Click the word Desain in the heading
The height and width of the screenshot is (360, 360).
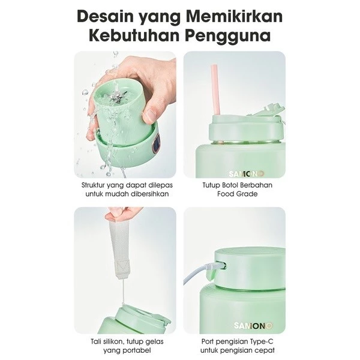pos(106,17)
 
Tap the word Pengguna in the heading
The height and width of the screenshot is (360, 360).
pos(228,35)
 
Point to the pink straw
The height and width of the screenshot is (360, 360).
pos(215,89)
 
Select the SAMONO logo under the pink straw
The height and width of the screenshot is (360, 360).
pos(247,174)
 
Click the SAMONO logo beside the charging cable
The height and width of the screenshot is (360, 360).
pos(253,325)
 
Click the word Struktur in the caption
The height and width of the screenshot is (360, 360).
pos(92,185)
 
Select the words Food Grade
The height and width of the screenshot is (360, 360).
pos(238,194)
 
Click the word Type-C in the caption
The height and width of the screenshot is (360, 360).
pos(263,341)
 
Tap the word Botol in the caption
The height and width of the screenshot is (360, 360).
pos(229,185)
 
